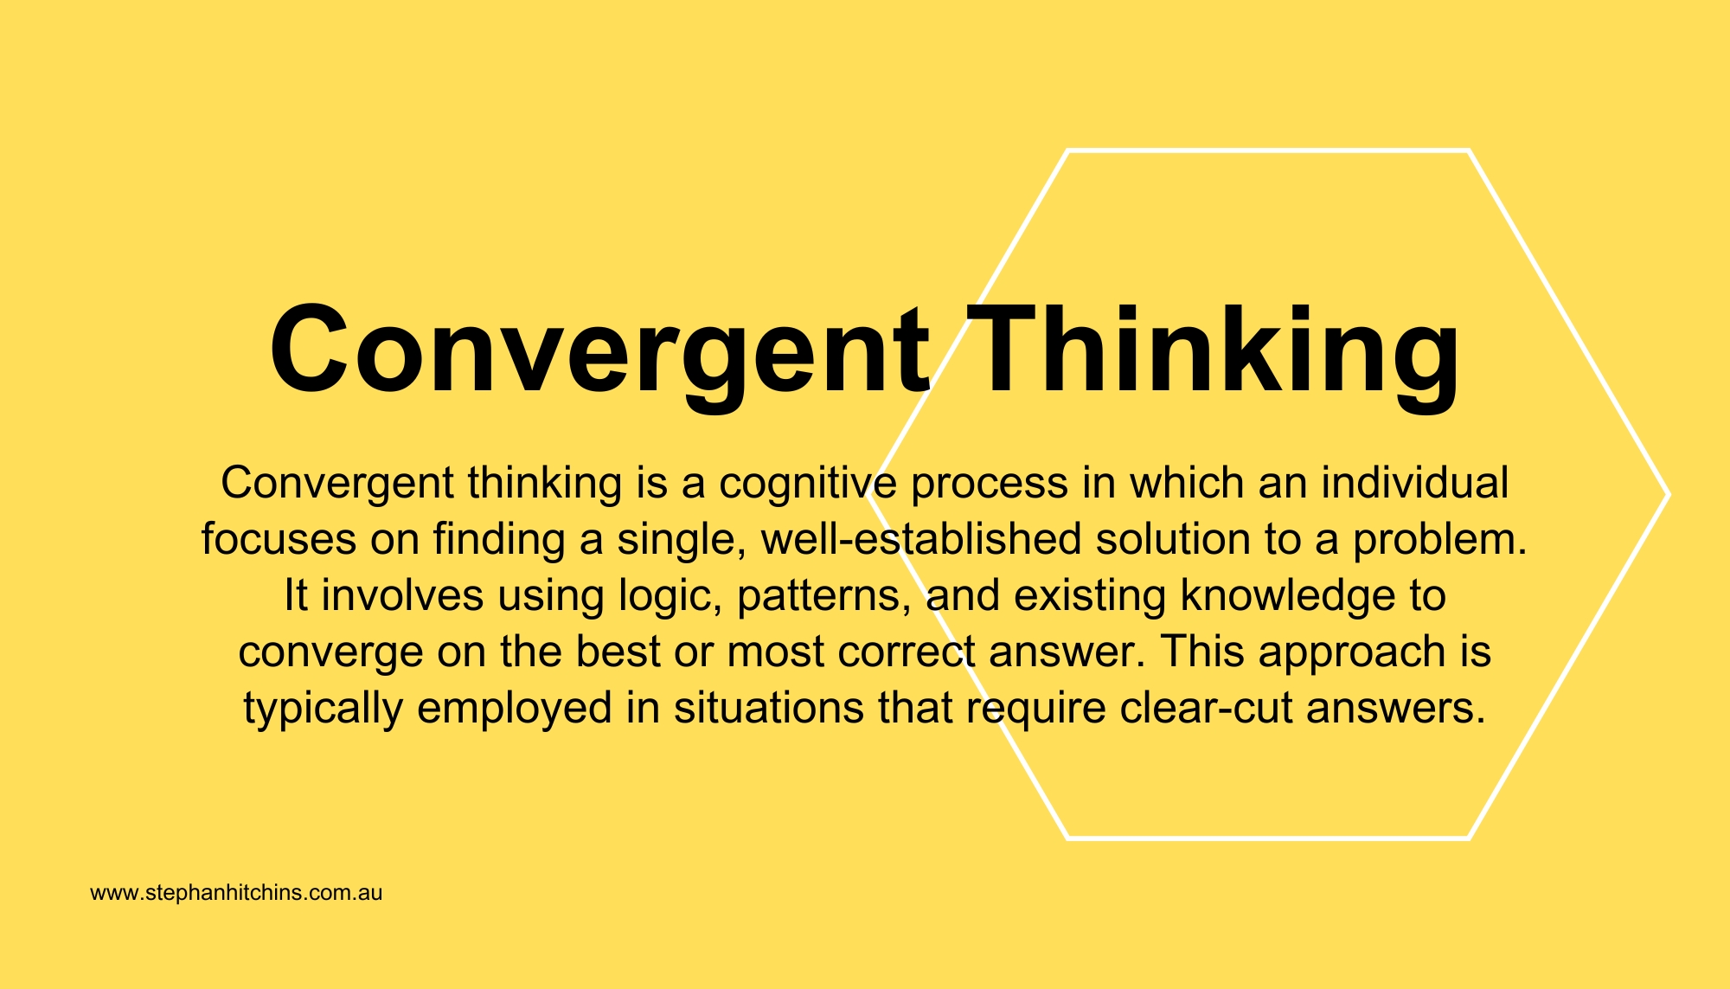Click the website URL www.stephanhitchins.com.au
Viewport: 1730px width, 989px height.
236,893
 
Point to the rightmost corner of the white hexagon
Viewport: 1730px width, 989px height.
1668,494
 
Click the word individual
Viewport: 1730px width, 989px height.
1415,482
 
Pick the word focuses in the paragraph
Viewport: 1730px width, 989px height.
279,539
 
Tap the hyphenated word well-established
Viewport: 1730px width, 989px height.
921,539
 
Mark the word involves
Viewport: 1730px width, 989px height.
402,596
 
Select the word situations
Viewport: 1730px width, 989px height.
769,709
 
